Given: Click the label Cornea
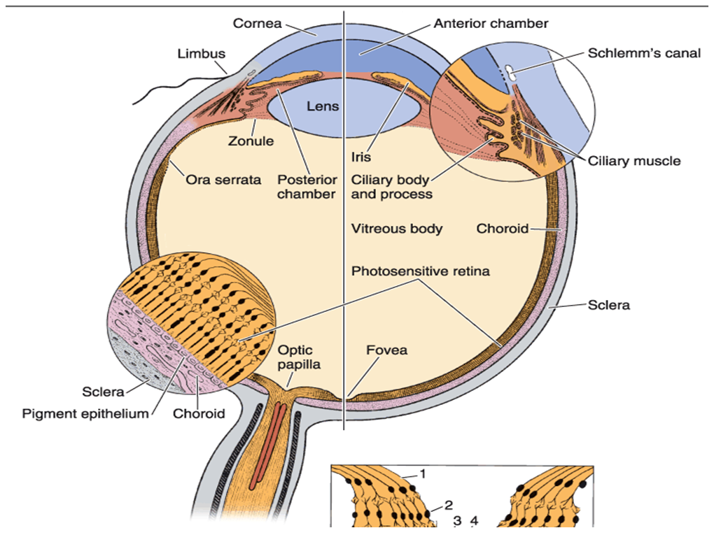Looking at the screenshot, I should [257, 24].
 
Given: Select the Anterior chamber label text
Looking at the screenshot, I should [491, 24].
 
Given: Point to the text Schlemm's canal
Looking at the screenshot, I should [643, 54].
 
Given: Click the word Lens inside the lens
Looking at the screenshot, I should [323, 107].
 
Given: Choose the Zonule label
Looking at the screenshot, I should [251, 141].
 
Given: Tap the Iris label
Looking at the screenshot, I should [362, 157].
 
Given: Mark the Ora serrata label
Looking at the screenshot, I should [223, 180].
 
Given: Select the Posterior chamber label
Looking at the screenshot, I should [306, 187].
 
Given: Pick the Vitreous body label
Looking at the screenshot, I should [397, 229].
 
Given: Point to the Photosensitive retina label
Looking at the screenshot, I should [421, 271].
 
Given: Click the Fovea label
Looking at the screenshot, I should [386, 349].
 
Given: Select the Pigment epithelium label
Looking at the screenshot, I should [85, 413].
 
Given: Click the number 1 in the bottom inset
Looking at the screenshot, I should [423, 474].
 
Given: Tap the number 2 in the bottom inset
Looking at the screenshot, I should [448, 505].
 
